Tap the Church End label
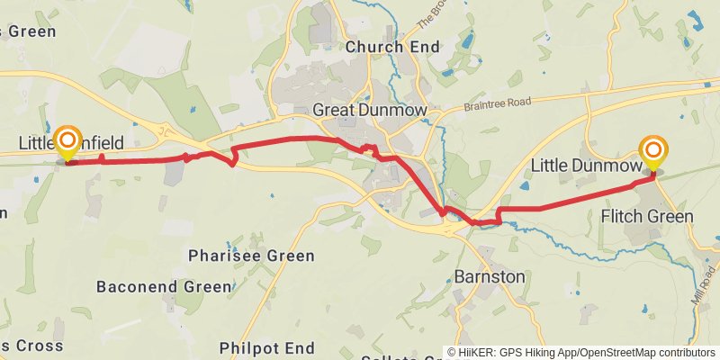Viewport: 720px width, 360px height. (x=392, y=47)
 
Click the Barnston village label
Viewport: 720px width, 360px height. (x=489, y=276)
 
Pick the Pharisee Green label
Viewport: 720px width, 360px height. (x=251, y=256)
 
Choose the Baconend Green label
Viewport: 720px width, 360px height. (x=164, y=287)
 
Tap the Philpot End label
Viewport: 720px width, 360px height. (x=267, y=347)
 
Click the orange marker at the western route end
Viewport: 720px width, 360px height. (x=67, y=142)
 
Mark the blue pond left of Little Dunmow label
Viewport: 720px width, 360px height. (x=524, y=185)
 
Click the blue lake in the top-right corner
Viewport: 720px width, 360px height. (x=695, y=16)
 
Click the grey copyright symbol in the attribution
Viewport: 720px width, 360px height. (x=453, y=353)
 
